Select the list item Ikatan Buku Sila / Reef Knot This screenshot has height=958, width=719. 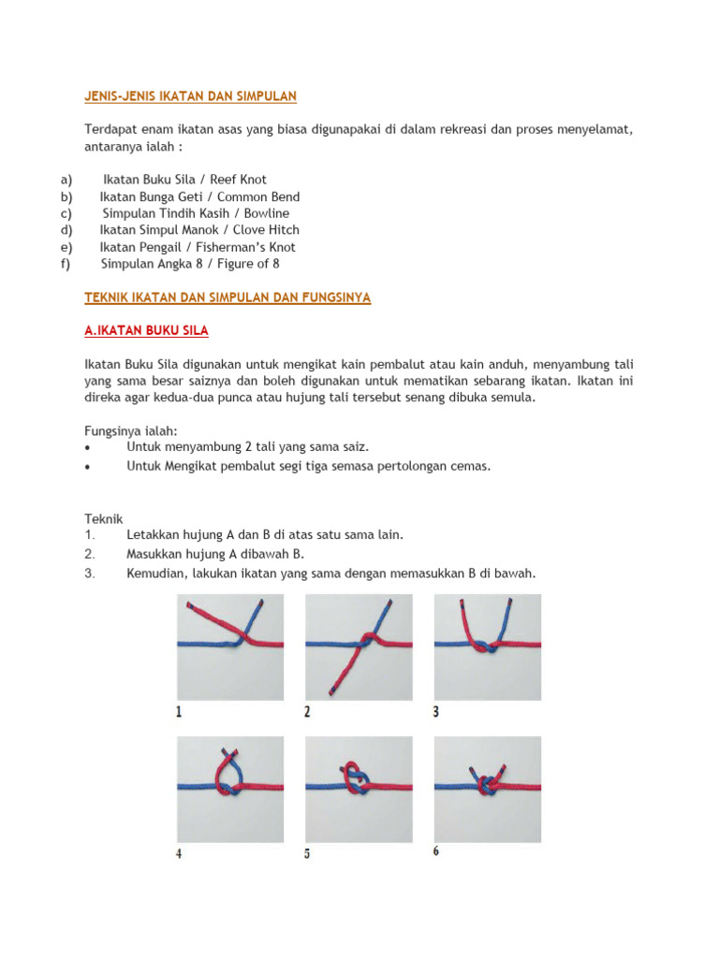pos(184,179)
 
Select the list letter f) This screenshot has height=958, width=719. pos(66,264)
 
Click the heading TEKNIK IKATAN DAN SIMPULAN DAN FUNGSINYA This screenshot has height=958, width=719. pos(227,298)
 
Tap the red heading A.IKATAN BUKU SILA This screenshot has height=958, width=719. pos(146,331)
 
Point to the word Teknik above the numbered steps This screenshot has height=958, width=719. pos(103,518)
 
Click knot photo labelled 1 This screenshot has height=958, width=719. pos(230,647)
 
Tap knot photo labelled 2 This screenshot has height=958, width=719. pos(359,647)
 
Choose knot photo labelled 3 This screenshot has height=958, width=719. pos(487,647)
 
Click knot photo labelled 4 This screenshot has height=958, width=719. pos(230,789)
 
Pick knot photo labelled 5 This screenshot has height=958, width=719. pos(359,789)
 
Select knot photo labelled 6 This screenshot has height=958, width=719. pos(487,789)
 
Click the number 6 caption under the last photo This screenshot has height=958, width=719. pos(436,851)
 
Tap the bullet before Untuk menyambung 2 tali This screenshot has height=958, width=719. pos(88,448)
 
